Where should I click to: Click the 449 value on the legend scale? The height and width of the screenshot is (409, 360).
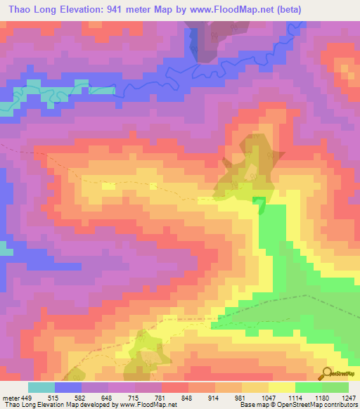point(28,397)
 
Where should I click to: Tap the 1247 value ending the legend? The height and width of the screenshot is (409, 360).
point(347,397)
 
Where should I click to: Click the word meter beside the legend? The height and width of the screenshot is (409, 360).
point(11,397)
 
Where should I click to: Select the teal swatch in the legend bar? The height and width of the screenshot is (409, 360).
point(41,387)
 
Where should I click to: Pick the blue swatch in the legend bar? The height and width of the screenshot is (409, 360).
point(68,387)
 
